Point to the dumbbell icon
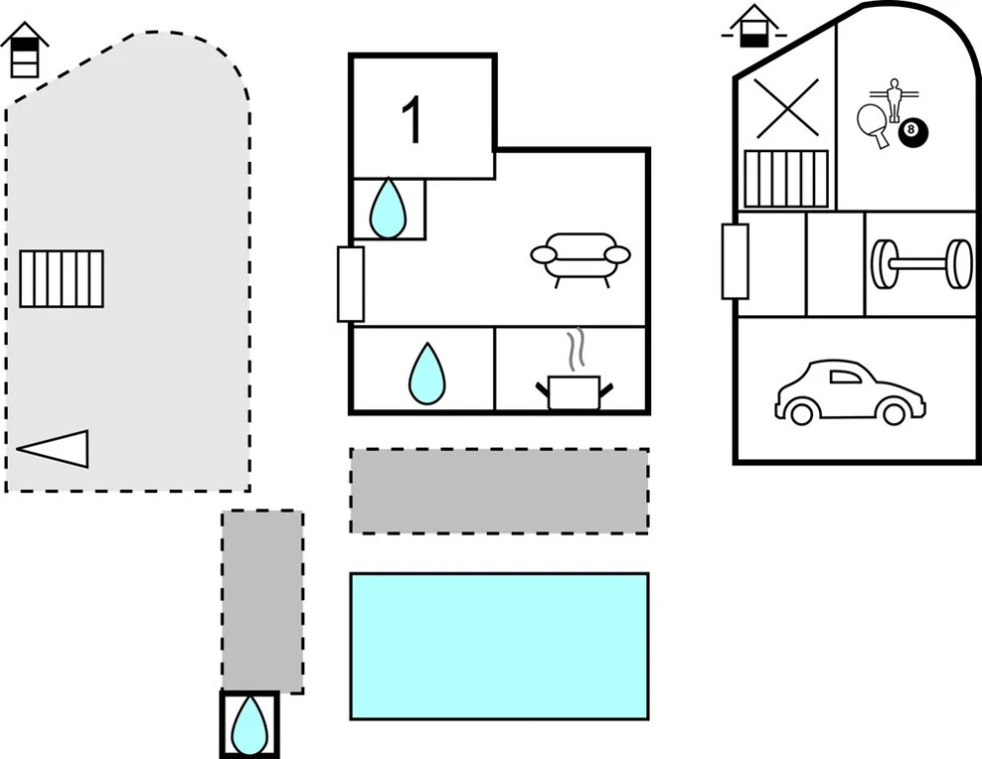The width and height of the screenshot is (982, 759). tap(922, 264)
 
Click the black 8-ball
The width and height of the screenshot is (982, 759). tap(913, 131)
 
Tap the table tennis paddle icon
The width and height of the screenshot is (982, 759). tap(873, 126)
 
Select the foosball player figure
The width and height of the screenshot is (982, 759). tap(894, 99)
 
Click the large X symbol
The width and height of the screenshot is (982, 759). tap(786, 108)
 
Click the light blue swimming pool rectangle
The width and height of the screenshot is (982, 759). tap(499, 645)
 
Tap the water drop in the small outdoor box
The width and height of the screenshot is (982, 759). tap(249, 724)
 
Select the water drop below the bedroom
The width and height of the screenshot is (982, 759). tap(387, 209)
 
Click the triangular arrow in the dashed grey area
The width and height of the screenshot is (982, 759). tap(52, 449)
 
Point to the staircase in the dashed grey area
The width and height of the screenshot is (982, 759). tap(61, 279)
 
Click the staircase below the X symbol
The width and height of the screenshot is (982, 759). tap(786, 179)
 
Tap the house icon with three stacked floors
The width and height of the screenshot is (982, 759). tap(25, 49)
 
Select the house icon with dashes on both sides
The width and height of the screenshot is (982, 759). tap(754, 27)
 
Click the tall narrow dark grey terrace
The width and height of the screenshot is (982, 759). tap(263, 602)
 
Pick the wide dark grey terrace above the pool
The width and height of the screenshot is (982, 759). tap(499, 491)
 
